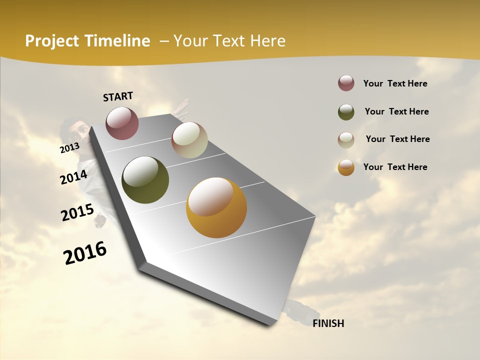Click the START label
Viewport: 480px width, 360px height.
(118, 96)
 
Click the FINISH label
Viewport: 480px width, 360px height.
(328, 323)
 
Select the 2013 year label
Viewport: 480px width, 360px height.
(70, 147)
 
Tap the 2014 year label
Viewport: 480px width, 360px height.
(73, 177)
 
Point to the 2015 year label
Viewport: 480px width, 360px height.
(77, 212)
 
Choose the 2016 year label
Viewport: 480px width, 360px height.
(85, 252)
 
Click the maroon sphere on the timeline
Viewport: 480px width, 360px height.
(122, 123)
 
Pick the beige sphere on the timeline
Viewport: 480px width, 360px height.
(189, 140)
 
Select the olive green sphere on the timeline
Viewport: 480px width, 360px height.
(145, 180)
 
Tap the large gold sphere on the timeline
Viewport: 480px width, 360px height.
(216, 207)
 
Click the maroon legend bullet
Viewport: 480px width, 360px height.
(346, 83)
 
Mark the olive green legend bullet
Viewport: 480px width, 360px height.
(346, 111)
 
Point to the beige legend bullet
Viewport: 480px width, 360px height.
(346, 139)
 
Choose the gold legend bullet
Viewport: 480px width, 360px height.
(346, 167)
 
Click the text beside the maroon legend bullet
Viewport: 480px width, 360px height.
(395, 83)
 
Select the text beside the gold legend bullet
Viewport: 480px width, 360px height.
(395, 167)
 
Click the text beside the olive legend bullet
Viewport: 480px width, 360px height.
(396, 111)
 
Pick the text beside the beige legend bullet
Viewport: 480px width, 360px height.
(397, 139)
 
